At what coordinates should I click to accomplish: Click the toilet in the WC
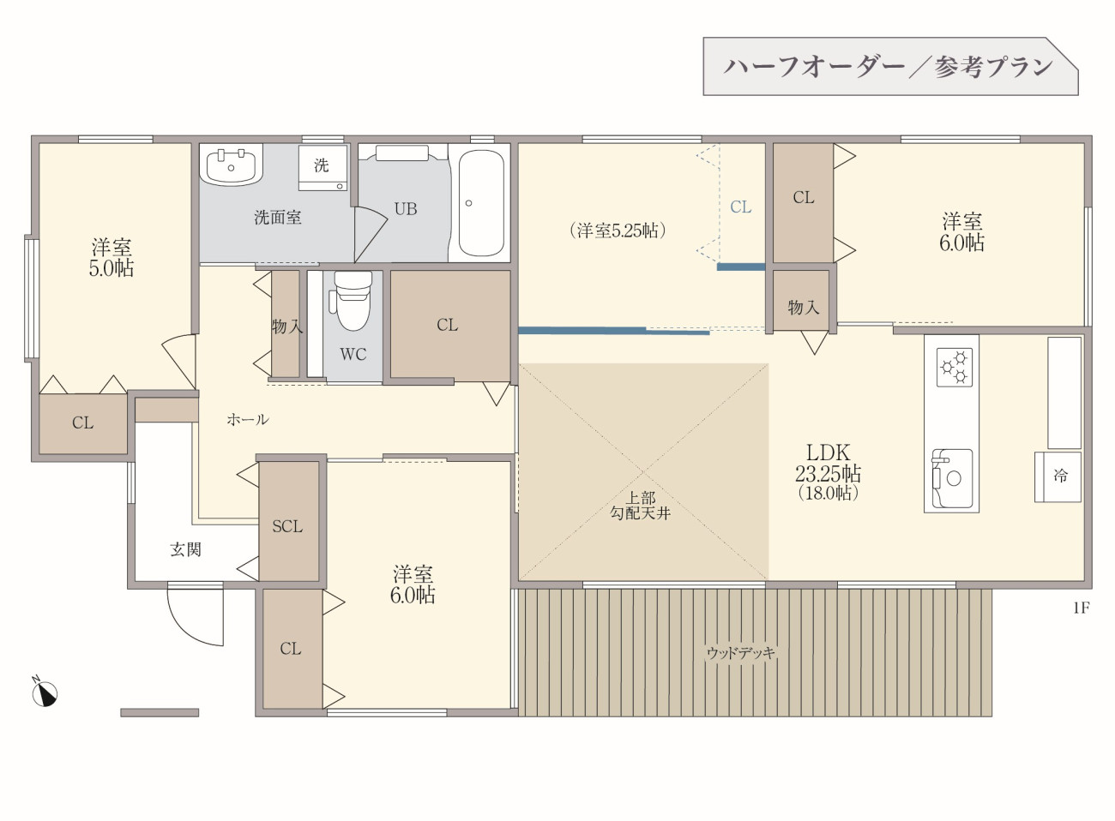(353, 301)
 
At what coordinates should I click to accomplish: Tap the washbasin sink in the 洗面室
(231, 166)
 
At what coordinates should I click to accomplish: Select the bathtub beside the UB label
(480, 203)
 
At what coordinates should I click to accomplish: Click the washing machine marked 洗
(322, 168)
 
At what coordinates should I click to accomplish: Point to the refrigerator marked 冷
(1058, 476)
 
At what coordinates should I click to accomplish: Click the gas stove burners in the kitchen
(955, 367)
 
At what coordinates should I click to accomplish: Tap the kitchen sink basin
(952, 478)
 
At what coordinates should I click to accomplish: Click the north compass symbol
(45, 692)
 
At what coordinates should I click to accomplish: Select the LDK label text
(828, 452)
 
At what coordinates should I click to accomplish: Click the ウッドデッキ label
(741, 652)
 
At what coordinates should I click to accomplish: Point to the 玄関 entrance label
(185, 549)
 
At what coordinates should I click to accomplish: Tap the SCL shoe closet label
(287, 526)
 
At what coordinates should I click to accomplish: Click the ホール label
(248, 420)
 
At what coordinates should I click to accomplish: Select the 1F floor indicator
(1082, 608)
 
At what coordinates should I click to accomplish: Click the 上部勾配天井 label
(640, 506)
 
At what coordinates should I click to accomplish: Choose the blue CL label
(741, 207)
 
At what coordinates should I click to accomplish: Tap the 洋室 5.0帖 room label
(111, 258)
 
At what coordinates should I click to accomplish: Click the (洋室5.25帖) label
(618, 231)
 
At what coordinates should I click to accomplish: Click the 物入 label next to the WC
(287, 327)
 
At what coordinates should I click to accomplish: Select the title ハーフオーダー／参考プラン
(888, 67)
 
